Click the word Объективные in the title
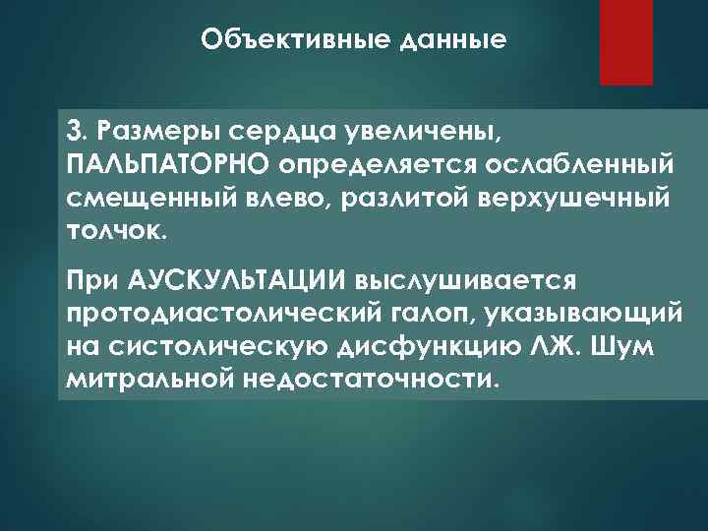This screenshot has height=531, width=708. point(281,40)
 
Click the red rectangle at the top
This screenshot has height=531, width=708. point(628,40)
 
